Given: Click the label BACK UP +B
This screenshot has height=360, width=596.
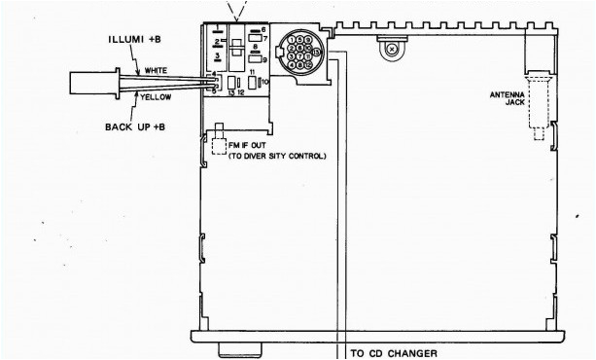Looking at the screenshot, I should coord(133,126).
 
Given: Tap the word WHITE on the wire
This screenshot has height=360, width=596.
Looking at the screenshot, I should coord(157,70).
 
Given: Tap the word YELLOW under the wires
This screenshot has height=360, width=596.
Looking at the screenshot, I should coord(158,97).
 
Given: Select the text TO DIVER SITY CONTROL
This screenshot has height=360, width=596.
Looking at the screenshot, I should coord(277,156).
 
